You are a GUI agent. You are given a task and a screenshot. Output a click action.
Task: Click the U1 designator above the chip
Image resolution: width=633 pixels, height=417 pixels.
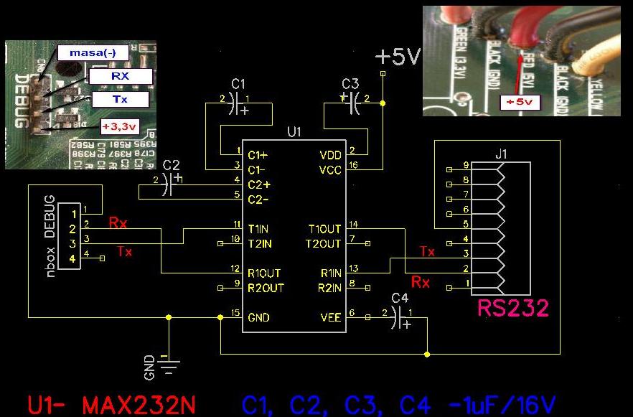(x=294, y=132)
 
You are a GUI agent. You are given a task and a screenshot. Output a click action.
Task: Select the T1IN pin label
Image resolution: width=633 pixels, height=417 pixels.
(x=258, y=229)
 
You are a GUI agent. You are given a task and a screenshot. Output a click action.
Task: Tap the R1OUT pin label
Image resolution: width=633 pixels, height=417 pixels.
(x=263, y=273)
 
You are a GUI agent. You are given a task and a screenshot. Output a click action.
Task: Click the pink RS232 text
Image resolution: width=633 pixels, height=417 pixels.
(x=512, y=309)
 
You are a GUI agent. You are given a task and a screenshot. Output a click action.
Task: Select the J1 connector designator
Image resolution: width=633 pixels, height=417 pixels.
(x=500, y=152)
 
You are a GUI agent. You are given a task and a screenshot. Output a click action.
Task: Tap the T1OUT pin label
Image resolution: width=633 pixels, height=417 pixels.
(x=325, y=229)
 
